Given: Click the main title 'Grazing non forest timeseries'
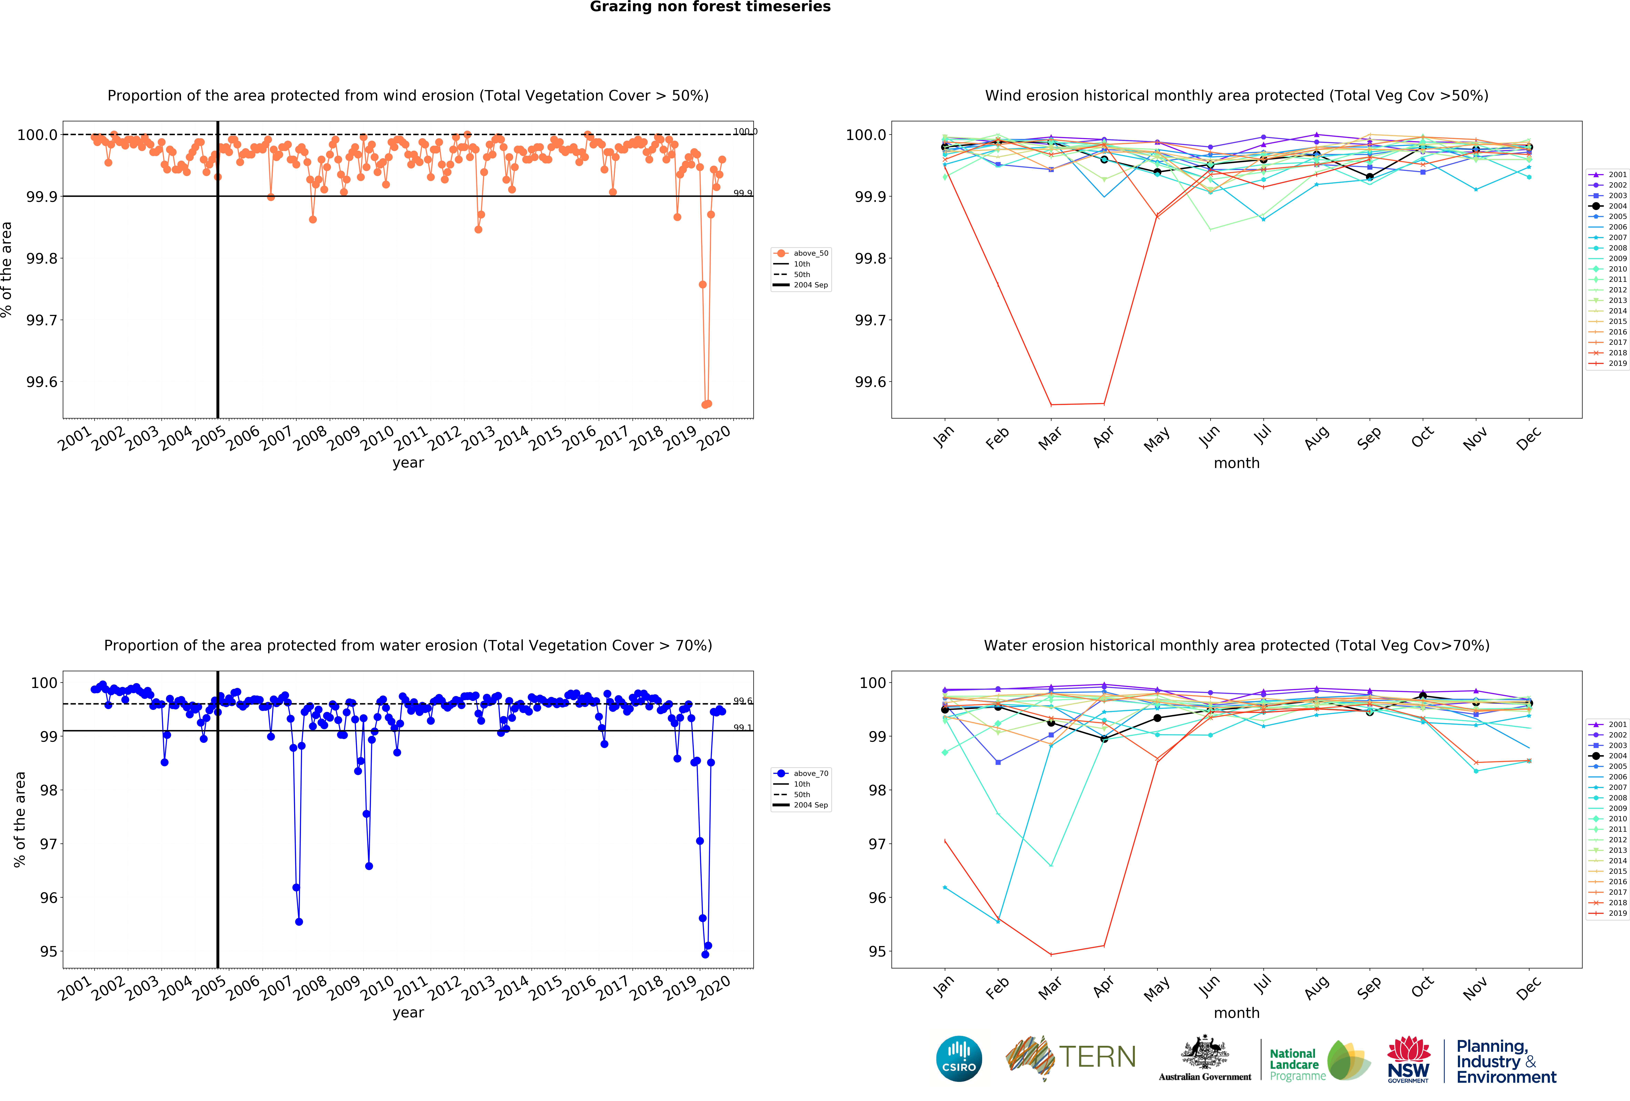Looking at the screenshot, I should coord(710,7).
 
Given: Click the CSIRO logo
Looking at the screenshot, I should coord(959,1058).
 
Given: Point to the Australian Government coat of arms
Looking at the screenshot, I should coord(1204,1052).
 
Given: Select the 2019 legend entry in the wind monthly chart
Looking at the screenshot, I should coord(1617,363).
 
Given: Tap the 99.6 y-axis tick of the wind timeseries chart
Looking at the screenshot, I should coord(42,382).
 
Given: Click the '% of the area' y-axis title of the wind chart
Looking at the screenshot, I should coord(7,269).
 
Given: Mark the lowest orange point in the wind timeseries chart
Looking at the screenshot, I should coord(705,405).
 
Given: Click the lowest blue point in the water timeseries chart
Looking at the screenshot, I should coord(705,954).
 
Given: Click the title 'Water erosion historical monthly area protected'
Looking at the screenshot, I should coord(1236,645).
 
